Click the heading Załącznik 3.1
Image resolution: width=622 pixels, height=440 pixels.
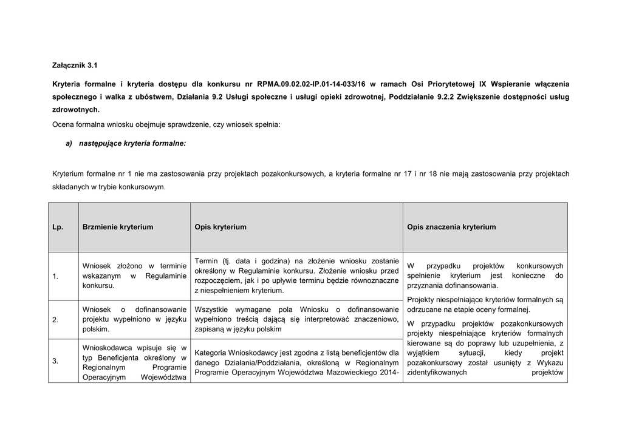(x=75, y=64)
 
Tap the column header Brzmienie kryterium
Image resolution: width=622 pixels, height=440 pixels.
(x=118, y=227)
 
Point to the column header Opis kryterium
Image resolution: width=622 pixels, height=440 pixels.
(x=220, y=227)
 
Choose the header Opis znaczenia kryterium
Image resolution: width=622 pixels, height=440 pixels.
(x=451, y=227)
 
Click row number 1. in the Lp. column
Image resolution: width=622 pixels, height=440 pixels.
(x=55, y=277)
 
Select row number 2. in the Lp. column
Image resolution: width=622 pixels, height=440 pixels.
(x=55, y=319)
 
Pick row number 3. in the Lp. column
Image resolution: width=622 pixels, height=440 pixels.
(x=55, y=362)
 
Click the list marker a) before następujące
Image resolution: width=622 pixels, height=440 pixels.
(x=68, y=143)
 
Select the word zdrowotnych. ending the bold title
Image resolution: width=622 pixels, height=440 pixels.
(x=75, y=110)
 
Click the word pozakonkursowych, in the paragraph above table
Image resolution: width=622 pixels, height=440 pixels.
(x=293, y=174)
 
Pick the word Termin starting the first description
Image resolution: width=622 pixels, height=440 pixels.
(x=207, y=260)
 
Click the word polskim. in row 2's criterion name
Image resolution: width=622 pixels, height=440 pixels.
(x=96, y=330)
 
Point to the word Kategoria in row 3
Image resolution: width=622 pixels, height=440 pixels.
(x=212, y=352)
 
